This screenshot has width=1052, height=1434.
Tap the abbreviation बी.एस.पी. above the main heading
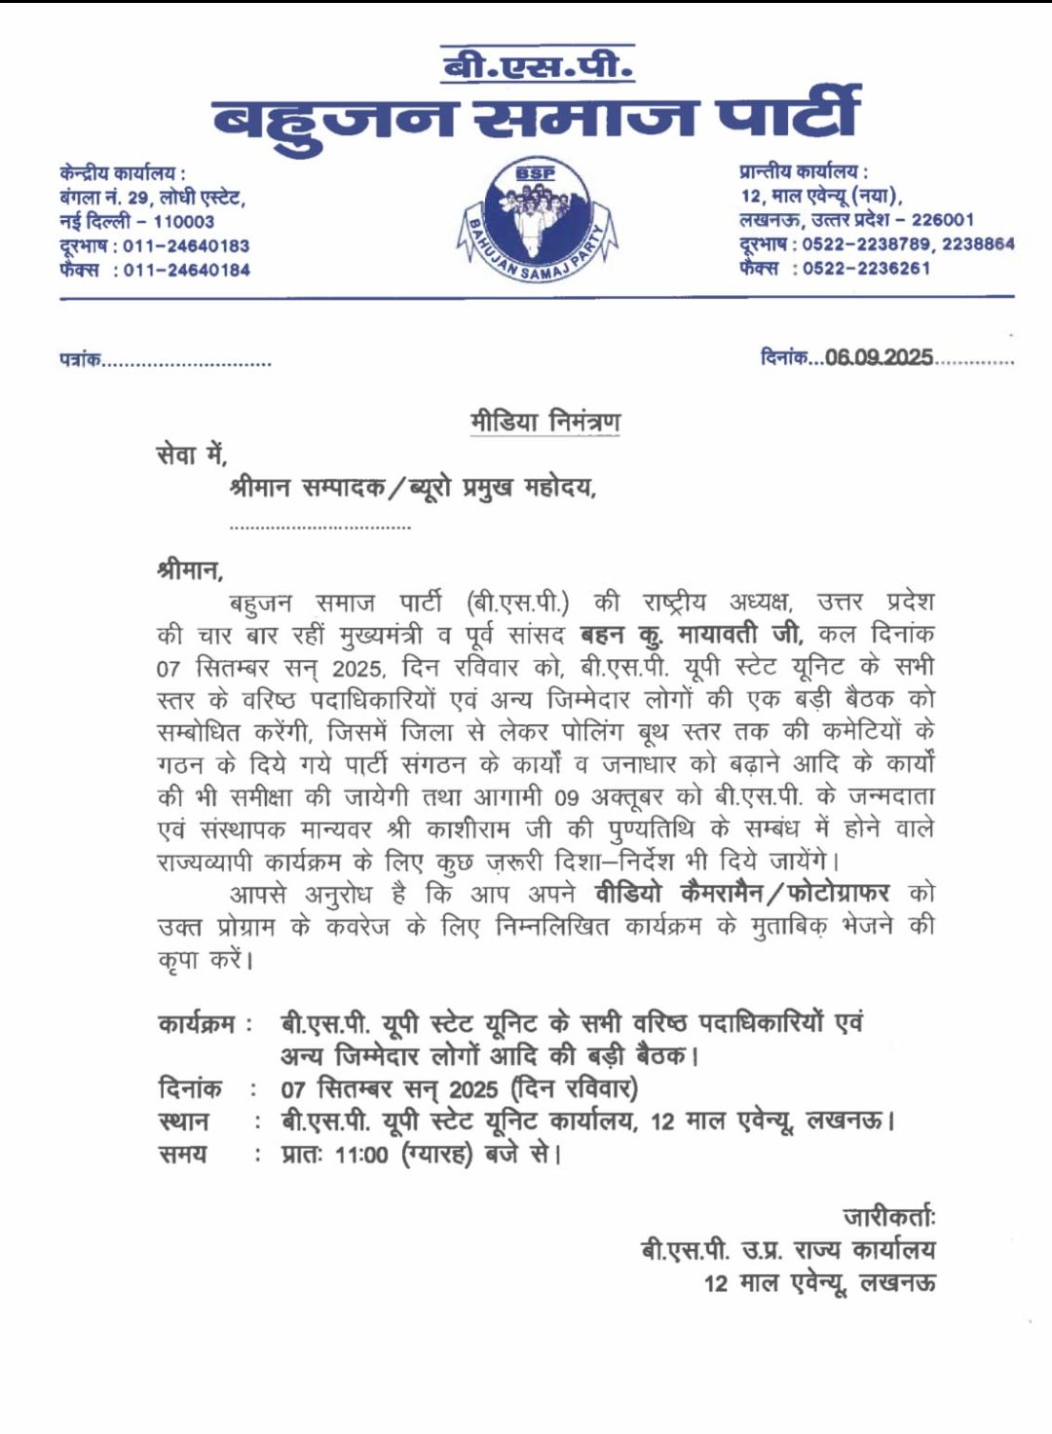click(538, 65)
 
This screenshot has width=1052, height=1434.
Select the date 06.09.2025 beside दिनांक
click(879, 357)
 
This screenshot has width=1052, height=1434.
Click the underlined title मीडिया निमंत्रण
click(545, 423)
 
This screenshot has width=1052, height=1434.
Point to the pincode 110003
click(183, 222)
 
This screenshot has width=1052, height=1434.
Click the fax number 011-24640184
click(186, 270)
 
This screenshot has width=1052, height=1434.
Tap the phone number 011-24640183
click(186, 246)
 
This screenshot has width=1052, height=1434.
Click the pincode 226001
click(942, 220)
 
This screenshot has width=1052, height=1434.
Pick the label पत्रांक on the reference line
click(80, 360)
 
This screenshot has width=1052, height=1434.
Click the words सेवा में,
click(191, 454)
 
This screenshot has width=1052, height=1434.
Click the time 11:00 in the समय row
click(361, 1155)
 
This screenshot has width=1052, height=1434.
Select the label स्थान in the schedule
click(183, 1121)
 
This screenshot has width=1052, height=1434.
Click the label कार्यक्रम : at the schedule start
click(205, 1023)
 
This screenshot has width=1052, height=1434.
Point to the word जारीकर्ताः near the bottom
click(888, 1217)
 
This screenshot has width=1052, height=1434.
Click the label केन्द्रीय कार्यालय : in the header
click(122, 173)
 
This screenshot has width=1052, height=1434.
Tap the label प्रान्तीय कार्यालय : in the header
click(804, 171)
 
